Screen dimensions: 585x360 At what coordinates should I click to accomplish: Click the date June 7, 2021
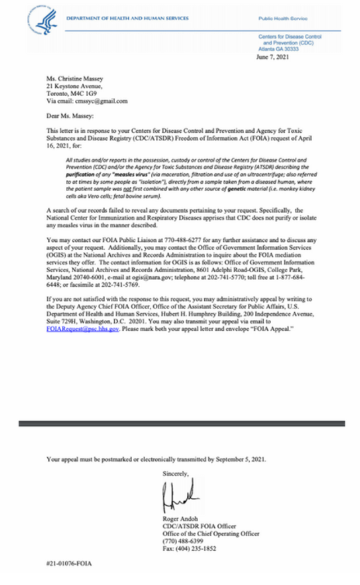pyautogui.click(x=273, y=56)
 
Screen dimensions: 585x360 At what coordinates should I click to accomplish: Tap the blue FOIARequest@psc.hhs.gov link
pyautogui.click(x=83, y=328)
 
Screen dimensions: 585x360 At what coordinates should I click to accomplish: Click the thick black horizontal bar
pyautogui.click(x=180, y=423)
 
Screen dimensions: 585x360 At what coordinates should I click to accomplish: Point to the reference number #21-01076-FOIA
pyautogui.click(x=69, y=563)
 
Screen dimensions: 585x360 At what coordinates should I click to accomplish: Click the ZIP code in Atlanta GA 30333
pyautogui.click(x=304, y=49)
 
